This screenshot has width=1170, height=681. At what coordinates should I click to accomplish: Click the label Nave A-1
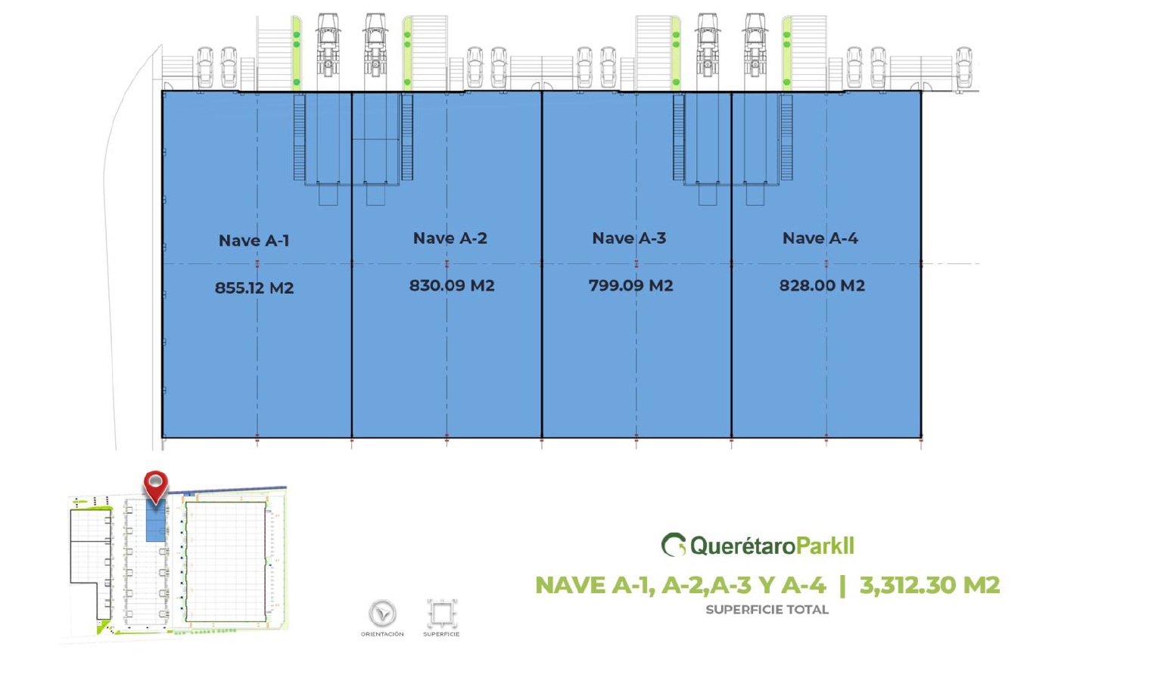[x=254, y=241]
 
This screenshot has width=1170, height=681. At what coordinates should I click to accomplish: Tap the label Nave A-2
[x=450, y=238]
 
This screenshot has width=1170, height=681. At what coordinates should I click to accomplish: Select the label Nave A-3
[x=629, y=238]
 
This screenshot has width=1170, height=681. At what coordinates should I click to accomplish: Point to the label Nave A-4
[x=820, y=238]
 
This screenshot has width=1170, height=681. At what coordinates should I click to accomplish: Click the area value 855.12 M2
[x=254, y=288]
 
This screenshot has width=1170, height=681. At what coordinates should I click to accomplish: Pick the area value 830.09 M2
[x=451, y=286]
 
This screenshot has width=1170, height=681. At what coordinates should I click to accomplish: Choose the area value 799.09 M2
[x=630, y=286]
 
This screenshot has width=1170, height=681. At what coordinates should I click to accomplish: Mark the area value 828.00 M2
[x=822, y=286]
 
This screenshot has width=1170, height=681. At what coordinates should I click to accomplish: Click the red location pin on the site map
[x=156, y=484]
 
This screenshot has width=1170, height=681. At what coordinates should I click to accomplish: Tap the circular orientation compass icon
[x=382, y=613]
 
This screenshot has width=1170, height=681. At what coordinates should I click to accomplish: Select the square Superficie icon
[x=441, y=613]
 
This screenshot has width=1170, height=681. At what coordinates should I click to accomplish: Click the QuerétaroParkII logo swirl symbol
[x=673, y=545]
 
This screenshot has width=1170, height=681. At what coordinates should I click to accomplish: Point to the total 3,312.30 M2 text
[x=929, y=585]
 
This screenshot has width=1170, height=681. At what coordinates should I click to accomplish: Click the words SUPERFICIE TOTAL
[x=767, y=610]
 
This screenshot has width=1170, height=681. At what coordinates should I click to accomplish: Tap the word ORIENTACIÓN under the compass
[x=382, y=634]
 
